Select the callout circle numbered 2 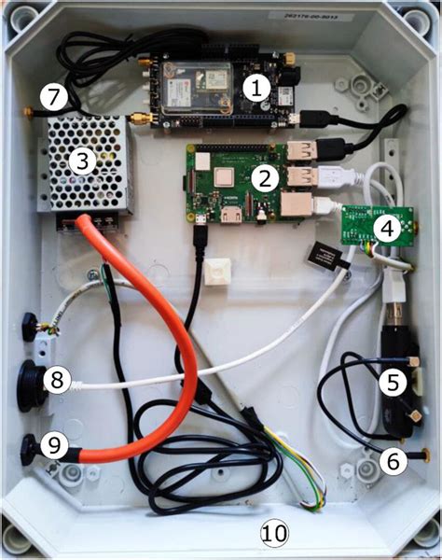[265, 175]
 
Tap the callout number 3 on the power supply [82, 161]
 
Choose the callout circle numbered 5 [392, 380]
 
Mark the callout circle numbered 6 [392, 458]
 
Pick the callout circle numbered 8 [57, 380]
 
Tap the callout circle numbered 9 [57, 447]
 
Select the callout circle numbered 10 [275, 533]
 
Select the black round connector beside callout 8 [31, 383]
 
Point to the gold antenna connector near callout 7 [140, 119]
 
